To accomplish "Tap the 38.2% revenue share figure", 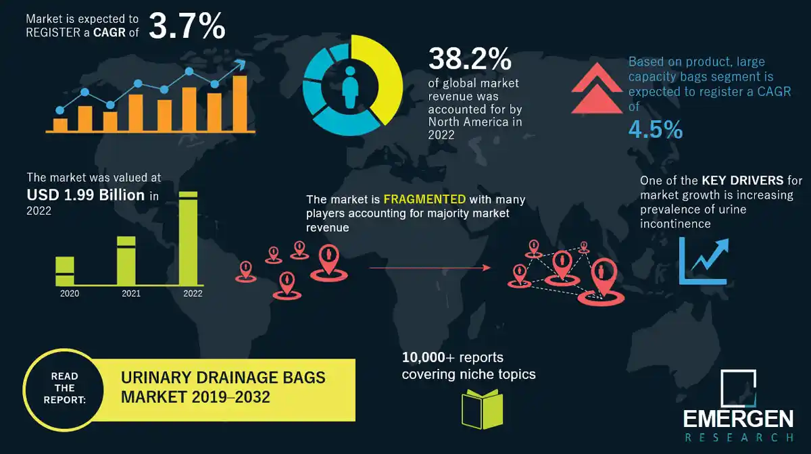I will (469, 59).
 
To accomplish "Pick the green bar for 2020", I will (65, 270).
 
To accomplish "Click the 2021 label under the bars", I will (130, 294).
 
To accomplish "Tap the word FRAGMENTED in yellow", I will (424, 200).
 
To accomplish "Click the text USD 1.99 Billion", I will (86, 196).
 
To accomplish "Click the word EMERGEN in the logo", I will (737, 420).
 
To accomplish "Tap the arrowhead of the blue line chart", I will (240, 66).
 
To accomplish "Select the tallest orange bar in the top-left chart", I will (240, 103).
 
